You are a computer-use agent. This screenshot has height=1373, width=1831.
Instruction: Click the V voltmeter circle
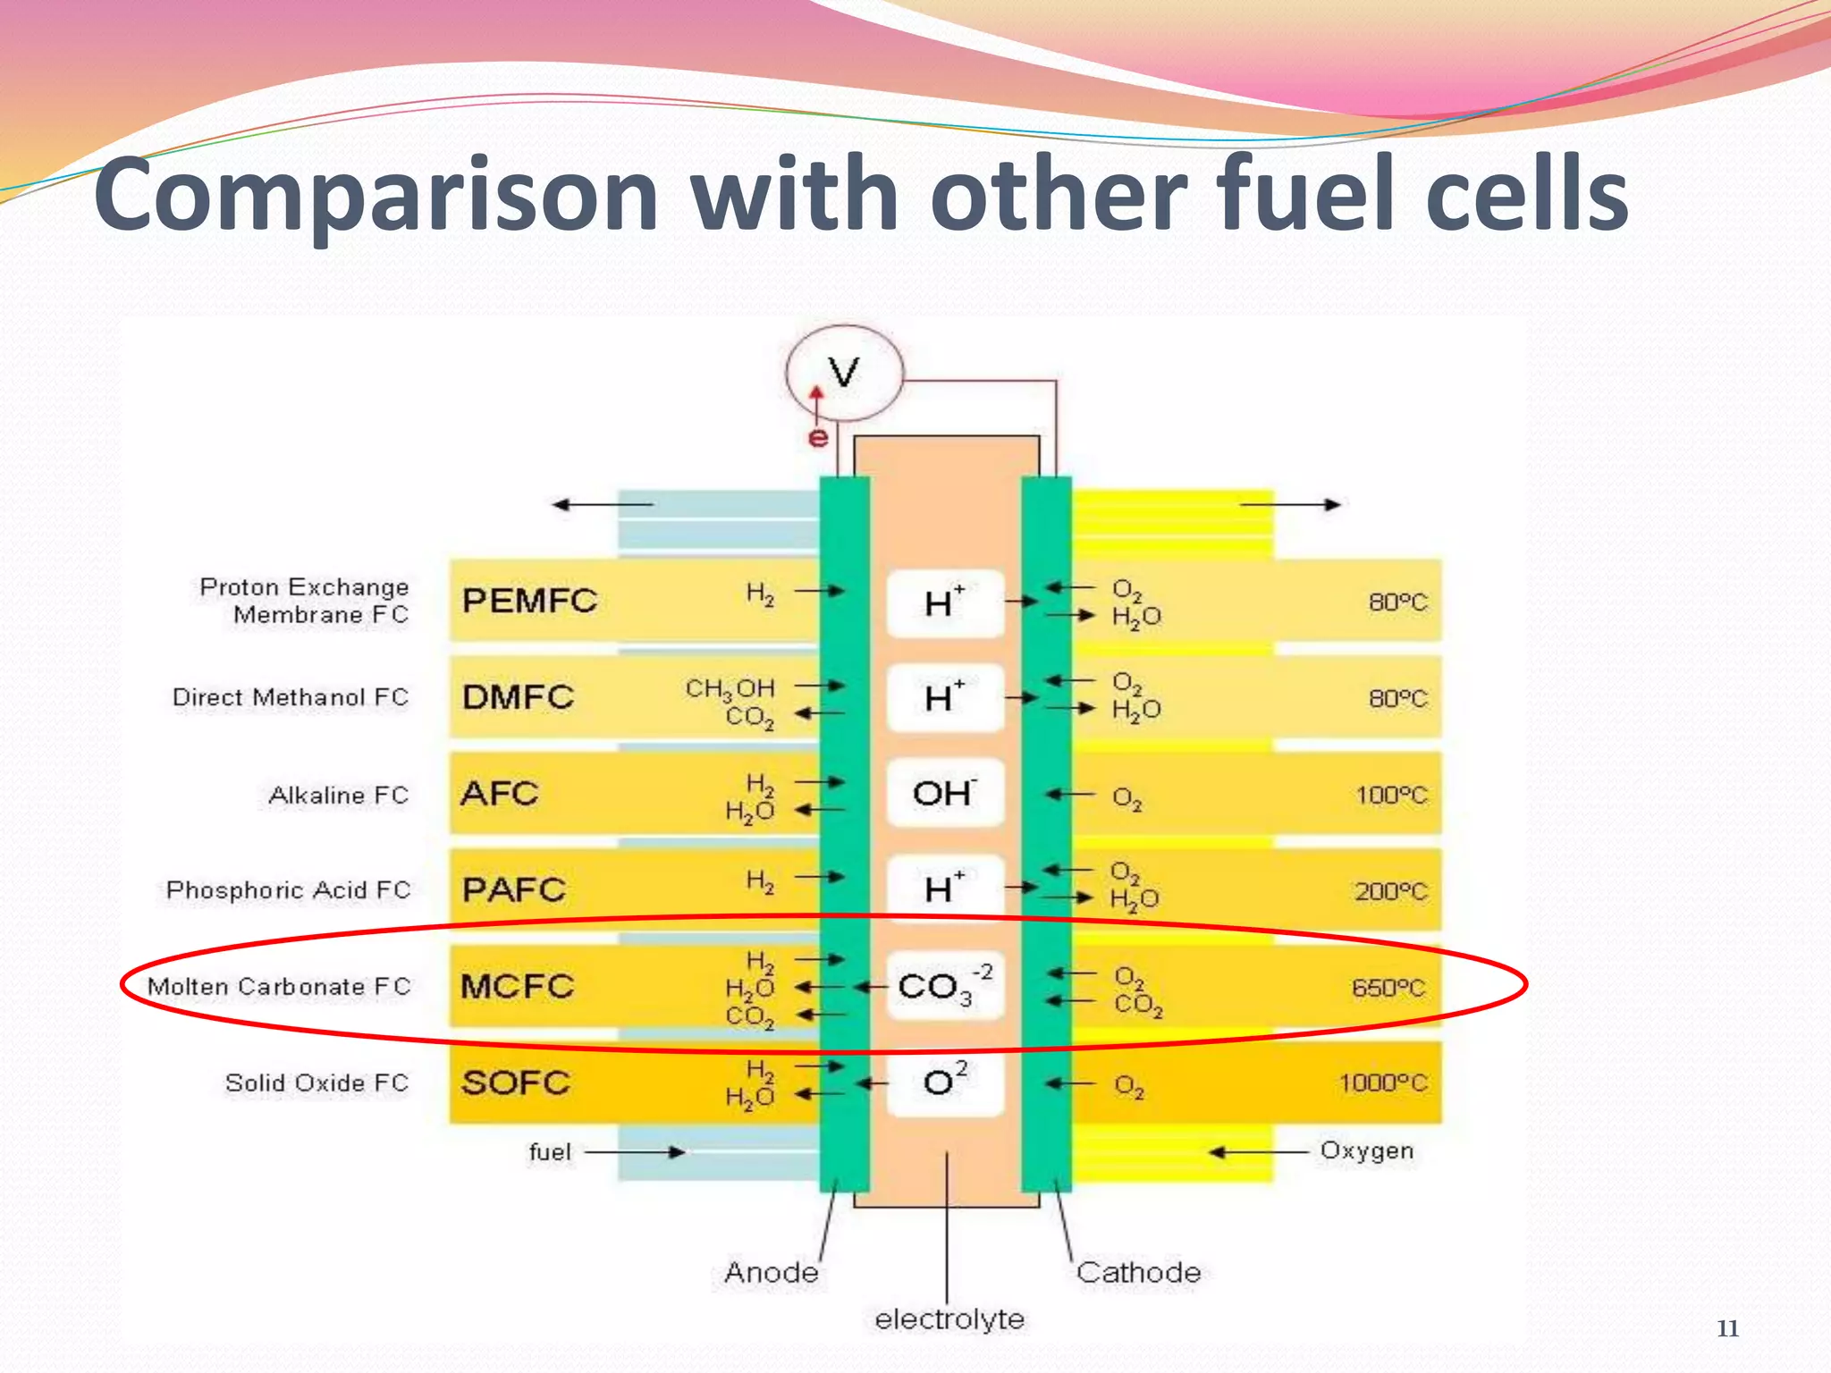844,373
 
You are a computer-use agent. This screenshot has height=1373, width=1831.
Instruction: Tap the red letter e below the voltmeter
817,437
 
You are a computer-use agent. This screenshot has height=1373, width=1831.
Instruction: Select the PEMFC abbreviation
529,601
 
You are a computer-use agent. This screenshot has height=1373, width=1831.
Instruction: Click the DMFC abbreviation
518,697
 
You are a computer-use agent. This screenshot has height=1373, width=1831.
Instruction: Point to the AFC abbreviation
500,794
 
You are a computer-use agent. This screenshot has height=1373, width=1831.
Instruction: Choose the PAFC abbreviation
514,890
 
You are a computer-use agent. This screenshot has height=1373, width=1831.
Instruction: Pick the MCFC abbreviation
517,987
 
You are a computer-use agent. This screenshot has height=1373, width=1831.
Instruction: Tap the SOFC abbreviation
516,1083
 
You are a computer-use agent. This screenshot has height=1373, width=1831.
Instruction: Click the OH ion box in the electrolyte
944,793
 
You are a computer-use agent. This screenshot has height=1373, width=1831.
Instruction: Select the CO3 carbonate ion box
944,986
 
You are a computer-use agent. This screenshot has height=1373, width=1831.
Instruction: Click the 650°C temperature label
1389,988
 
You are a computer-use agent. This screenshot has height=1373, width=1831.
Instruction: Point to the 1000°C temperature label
1383,1083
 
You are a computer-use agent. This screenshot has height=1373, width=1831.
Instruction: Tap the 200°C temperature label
1391,891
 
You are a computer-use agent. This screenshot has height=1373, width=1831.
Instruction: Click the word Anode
772,1272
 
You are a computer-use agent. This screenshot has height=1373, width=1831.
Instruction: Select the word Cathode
1138,1272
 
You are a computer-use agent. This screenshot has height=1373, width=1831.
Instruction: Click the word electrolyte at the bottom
949,1319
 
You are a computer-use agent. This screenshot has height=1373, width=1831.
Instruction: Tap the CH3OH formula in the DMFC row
730,688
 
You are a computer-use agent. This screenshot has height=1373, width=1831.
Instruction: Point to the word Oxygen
1367,1150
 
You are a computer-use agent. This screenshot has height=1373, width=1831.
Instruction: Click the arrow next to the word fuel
635,1152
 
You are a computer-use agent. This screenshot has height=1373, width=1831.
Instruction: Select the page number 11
1727,1328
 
